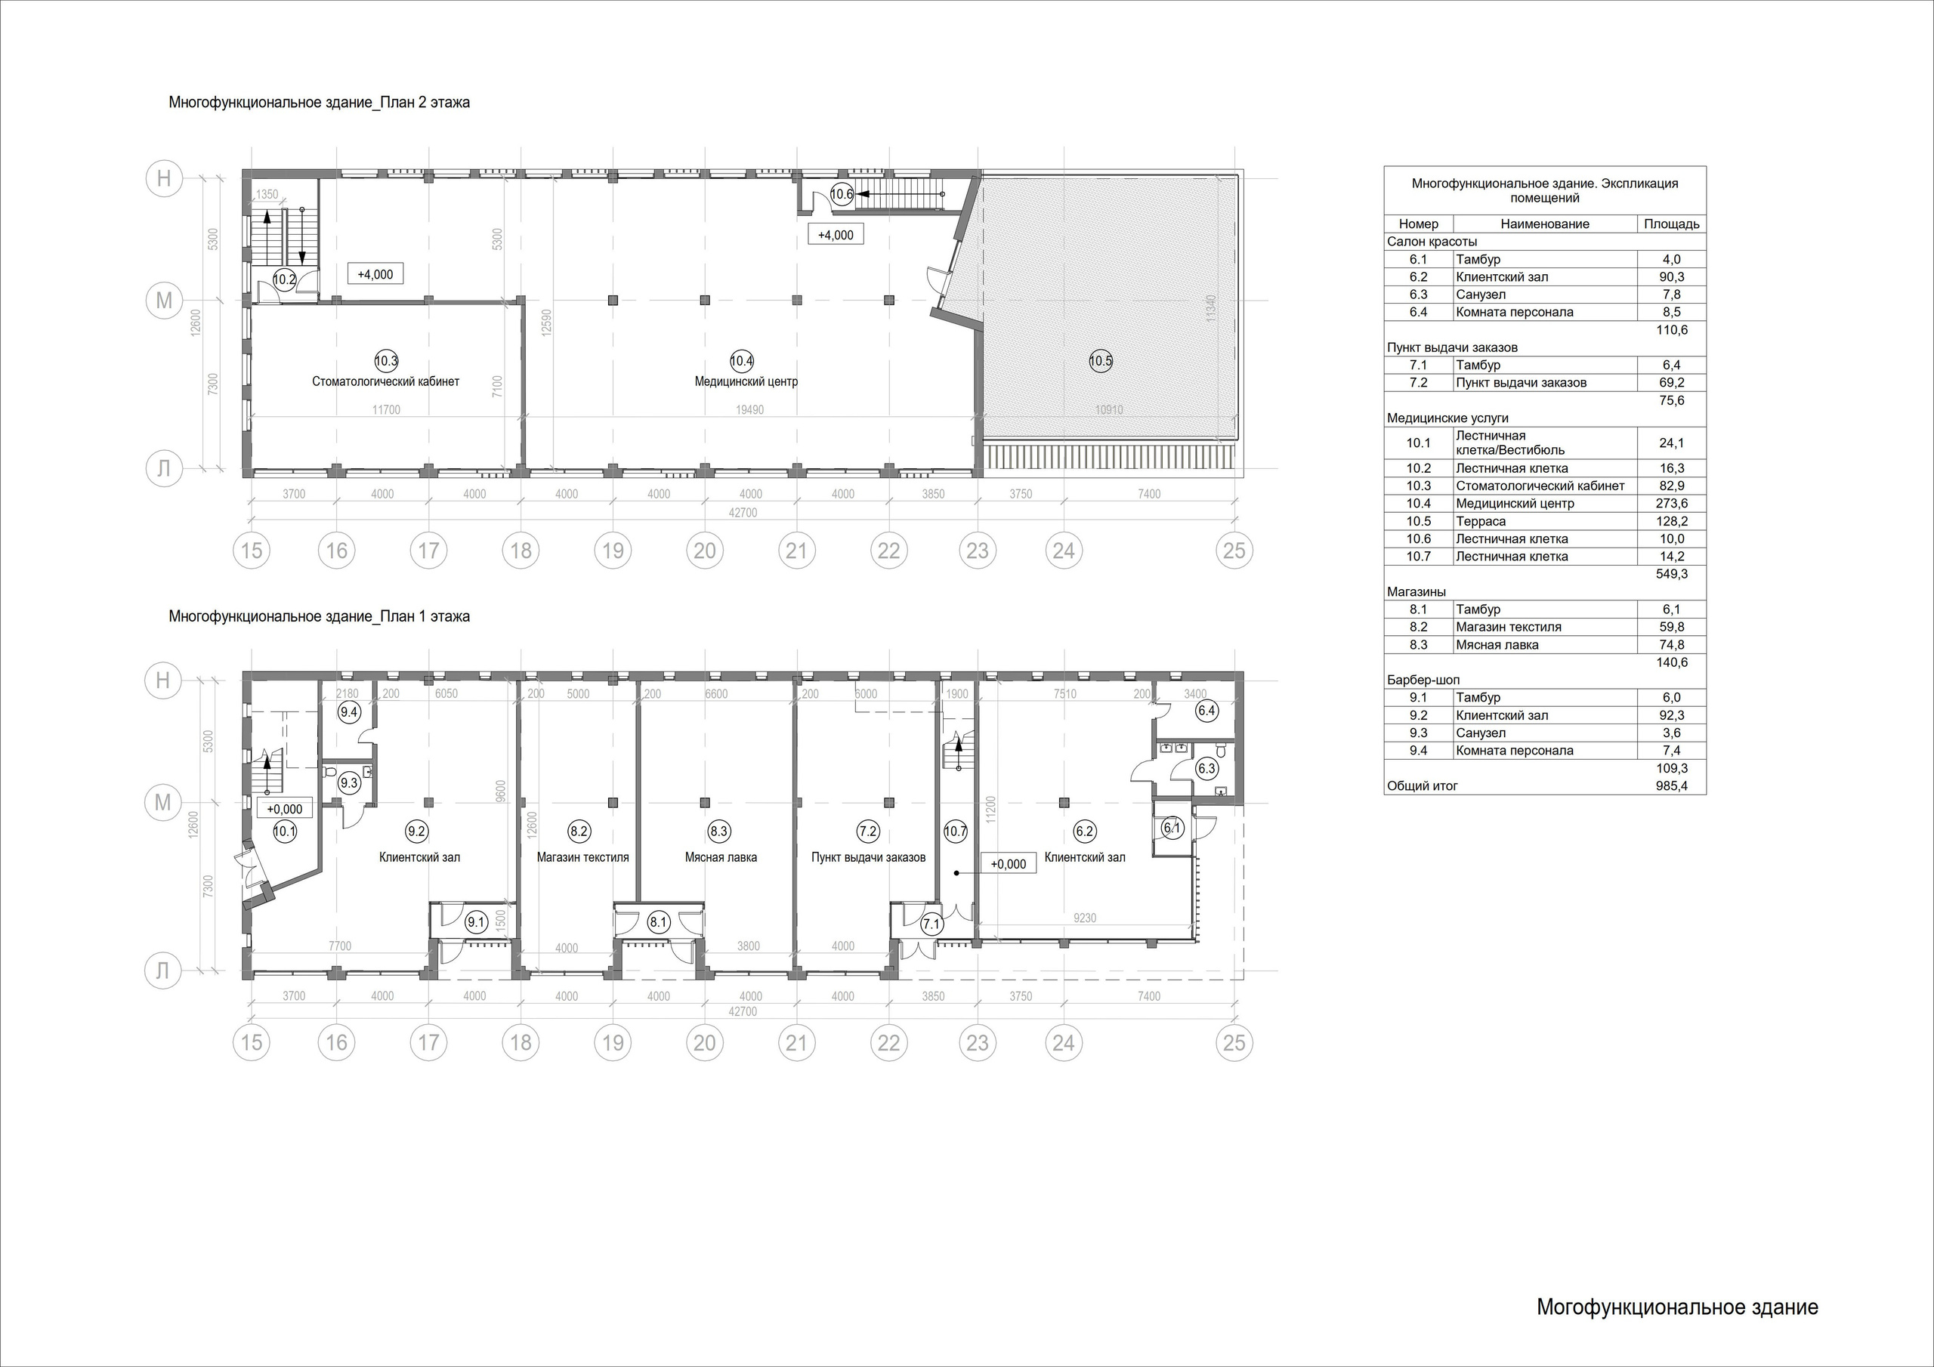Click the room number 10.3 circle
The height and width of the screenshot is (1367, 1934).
[x=386, y=361]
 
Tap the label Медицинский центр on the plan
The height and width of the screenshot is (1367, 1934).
[x=746, y=381]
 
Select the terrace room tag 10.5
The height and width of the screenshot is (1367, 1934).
[x=1100, y=361]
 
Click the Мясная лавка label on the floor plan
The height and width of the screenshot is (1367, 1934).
[x=721, y=857]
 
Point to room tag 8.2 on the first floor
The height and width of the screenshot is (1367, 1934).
[x=579, y=832]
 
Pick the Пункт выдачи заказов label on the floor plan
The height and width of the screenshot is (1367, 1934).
[x=869, y=857]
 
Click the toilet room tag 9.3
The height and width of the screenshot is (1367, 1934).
[x=349, y=783]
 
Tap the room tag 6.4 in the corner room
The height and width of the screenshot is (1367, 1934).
[x=1206, y=711]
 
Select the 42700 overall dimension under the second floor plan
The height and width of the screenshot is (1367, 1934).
[x=743, y=513]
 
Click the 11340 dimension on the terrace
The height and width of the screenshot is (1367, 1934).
[x=1211, y=307]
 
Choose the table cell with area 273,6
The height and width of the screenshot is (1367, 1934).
[x=1671, y=504]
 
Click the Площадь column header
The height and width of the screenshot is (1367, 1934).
[x=1671, y=224]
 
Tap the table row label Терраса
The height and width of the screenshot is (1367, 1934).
[x=1481, y=521]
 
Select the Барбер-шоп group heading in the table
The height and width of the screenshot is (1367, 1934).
[x=1423, y=680]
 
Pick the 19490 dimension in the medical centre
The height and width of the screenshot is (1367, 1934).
[x=749, y=410]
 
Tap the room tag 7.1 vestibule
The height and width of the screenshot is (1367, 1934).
[x=931, y=924]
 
